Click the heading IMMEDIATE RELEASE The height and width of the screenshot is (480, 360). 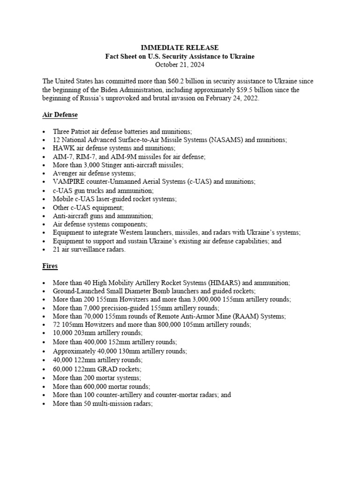pyautogui.click(x=180, y=48)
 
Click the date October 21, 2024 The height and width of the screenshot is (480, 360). pyautogui.click(x=180, y=65)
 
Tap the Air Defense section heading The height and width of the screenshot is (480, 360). pyautogui.click(x=60, y=115)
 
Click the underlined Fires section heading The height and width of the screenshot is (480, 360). pyautogui.click(x=50, y=266)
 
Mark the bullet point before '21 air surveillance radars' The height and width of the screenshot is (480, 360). pyautogui.click(x=44, y=250)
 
